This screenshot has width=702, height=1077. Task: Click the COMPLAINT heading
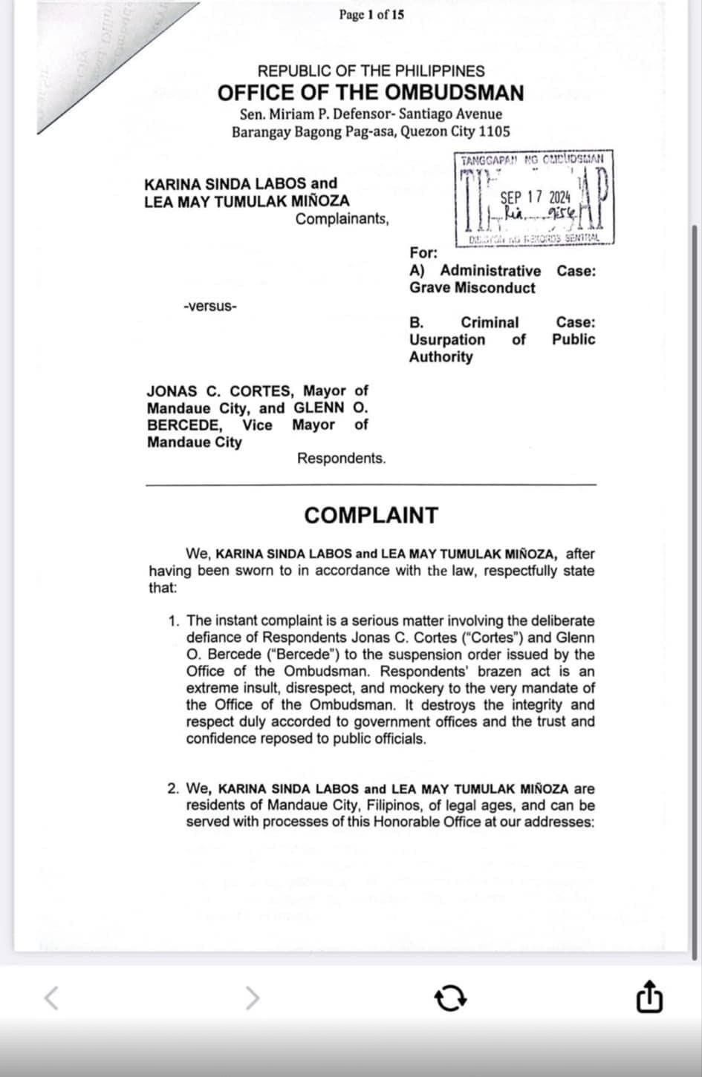[x=371, y=515]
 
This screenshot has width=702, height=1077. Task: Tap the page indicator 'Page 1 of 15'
[x=371, y=14]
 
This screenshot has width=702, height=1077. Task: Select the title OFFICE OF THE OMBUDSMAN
[x=371, y=94]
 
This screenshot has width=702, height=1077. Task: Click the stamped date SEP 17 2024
[x=535, y=197]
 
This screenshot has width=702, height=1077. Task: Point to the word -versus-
[x=210, y=306]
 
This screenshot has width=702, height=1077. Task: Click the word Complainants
[x=342, y=219]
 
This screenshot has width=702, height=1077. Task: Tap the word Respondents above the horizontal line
[x=341, y=458]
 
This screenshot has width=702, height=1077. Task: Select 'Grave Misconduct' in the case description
[x=472, y=288]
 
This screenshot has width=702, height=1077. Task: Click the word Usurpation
[x=447, y=339]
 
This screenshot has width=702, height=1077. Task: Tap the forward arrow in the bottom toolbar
[x=253, y=998]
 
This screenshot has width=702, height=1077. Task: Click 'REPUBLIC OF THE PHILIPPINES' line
[x=371, y=71]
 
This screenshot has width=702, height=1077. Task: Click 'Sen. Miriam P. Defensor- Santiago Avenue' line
[x=371, y=114]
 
